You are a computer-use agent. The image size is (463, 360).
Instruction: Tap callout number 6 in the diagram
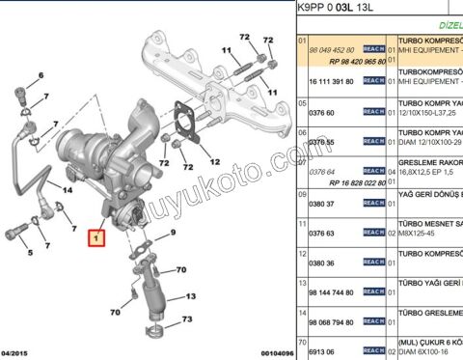pyautogui.click(x=41, y=74)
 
